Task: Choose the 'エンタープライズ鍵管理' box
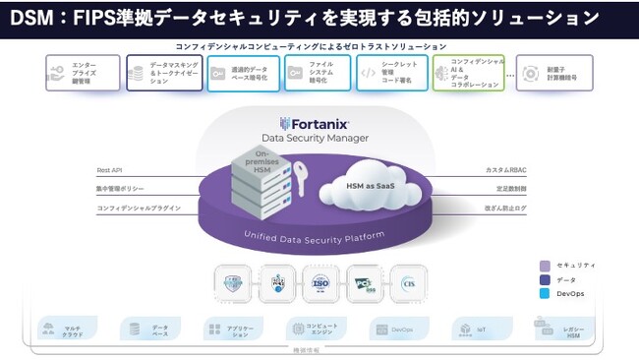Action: click(x=83, y=73)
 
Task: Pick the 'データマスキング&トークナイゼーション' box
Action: click(x=161, y=73)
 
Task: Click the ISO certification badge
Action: click(x=319, y=282)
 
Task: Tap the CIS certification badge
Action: click(x=408, y=282)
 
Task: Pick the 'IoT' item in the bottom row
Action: click(x=474, y=328)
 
